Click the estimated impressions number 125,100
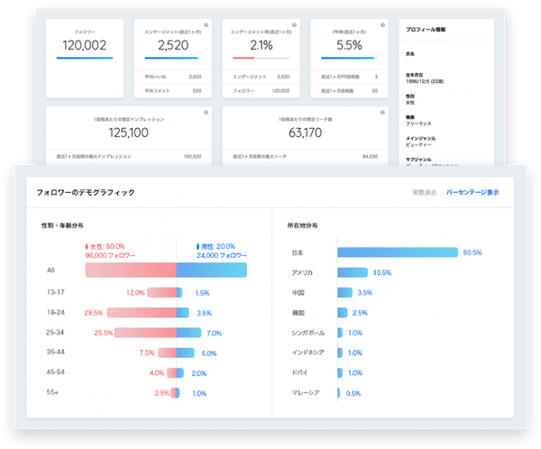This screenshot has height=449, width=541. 128,132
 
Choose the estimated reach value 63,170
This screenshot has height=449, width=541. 307,132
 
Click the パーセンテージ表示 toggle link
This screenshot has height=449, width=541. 472,192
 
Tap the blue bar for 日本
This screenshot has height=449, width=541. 398,252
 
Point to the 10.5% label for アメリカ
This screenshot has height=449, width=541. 382,272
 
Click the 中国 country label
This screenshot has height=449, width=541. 298,293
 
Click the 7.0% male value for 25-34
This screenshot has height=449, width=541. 214,333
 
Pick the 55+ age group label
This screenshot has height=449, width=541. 54,393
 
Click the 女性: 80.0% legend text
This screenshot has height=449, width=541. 107,245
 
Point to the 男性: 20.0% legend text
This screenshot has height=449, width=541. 217,245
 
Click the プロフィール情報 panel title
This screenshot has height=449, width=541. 426,30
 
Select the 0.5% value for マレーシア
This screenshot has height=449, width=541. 353,393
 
